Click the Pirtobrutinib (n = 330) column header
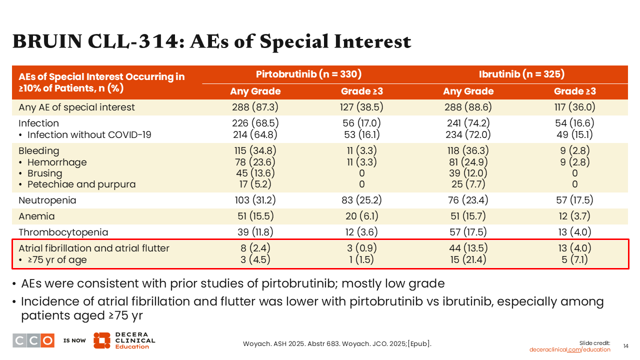[x=308, y=74]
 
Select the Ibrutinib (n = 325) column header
[x=521, y=74]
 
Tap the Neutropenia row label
[x=47, y=200]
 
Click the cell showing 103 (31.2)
[x=255, y=200]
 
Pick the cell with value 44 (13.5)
[x=467, y=248]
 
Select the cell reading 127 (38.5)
[x=362, y=107]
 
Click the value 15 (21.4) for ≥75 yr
[x=467, y=260]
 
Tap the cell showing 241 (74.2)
[x=467, y=123]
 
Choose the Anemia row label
[x=36, y=216]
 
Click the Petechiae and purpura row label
[x=81, y=184]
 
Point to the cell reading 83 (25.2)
[x=362, y=200]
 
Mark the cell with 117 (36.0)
[x=574, y=107]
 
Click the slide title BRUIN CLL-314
[x=211, y=41]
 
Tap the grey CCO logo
[x=33, y=340]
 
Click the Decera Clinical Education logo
[x=124, y=340]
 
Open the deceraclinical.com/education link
[x=569, y=349]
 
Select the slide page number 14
[x=625, y=346]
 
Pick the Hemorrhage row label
[x=56, y=162]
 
